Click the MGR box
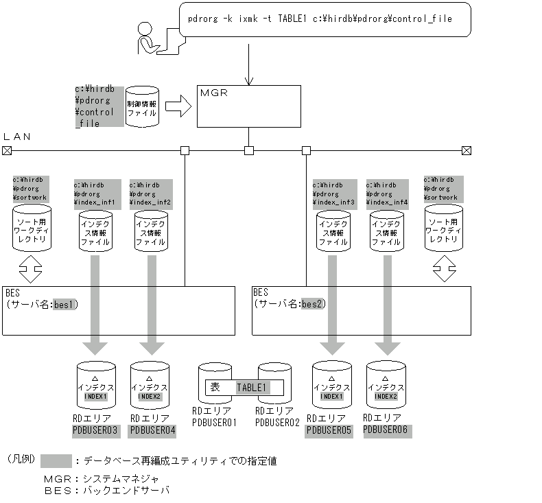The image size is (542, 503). point(248,106)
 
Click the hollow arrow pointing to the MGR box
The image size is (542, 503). point(178,106)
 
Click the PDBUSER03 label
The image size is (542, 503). point(95,430)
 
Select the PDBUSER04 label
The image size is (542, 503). point(152,430)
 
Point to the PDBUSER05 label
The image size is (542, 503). point(329,430)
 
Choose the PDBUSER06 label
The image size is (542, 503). point(386,430)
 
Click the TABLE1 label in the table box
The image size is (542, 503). point(251,388)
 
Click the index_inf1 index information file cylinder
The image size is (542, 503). point(95,231)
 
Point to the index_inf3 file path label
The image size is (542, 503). point(334,194)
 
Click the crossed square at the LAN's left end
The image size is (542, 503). point(7,150)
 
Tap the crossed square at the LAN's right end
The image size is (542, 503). point(467,150)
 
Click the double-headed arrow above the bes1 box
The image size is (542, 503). point(30,270)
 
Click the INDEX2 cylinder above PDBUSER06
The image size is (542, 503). point(386,385)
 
